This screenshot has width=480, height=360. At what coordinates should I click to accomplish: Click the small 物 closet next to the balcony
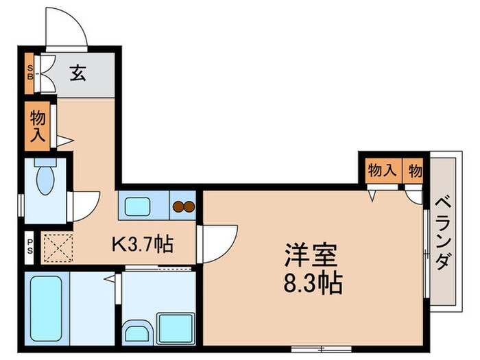point(416,169)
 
